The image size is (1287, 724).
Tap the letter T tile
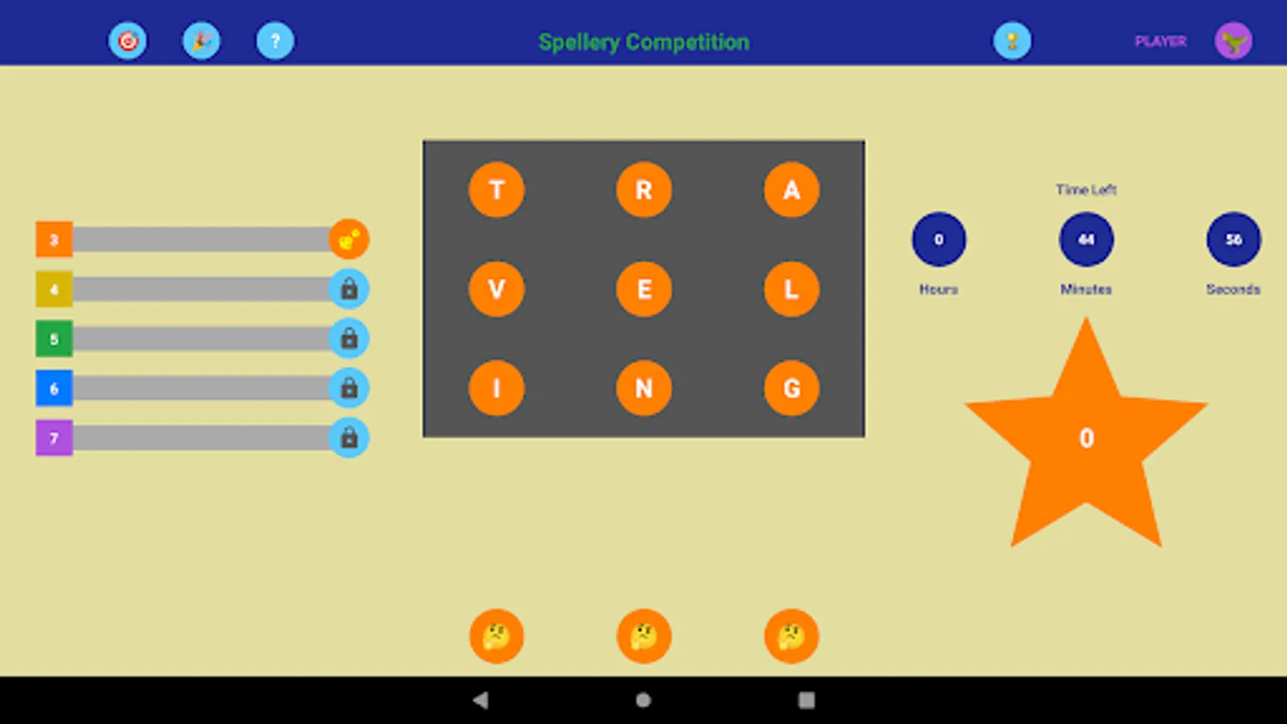click(496, 190)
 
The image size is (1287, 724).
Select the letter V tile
click(496, 289)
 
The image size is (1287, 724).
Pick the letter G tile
click(792, 389)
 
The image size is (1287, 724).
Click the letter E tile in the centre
click(643, 289)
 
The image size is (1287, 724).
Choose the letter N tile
click(643, 389)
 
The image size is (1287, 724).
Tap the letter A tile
click(792, 190)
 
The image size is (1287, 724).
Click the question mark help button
click(275, 41)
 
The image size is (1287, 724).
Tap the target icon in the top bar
click(128, 41)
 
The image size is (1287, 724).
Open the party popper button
click(201, 41)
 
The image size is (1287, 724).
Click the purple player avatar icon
click(1233, 41)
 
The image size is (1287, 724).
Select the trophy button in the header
click(1012, 41)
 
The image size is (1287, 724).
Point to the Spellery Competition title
click(643, 42)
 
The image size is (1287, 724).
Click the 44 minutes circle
click(1086, 239)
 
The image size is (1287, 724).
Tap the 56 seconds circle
click(1233, 239)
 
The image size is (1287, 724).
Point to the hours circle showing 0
click(939, 239)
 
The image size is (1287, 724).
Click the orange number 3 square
click(54, 240)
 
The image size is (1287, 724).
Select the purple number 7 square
click(54, 438)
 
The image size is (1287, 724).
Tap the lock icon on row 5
click(349, 339)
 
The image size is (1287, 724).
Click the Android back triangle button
click(481, 700)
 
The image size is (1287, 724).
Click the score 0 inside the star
click(1086, 438)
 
